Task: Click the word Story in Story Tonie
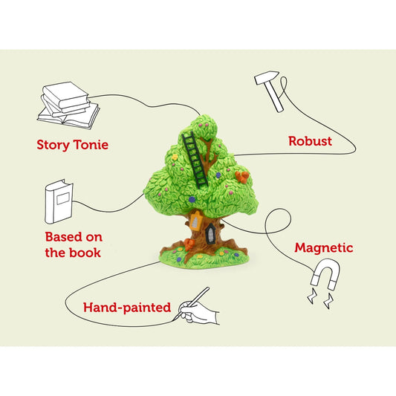(x=53, y=145)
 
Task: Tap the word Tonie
(x=91, y=145)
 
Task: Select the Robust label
(x=310, y=141)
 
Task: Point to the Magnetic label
(x=324, y=247)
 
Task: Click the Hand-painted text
(x=127, y=308)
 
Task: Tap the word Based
(x=63, y=237)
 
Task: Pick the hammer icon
(x=269, y=91)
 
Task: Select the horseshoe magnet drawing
(x=326, y=274)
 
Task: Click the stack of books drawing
(x=68, y=106)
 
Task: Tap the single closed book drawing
(x=59, y=201)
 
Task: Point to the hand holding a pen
(x=198, y=309)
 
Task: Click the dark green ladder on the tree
(x=195, y=160)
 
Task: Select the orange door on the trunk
(x=195, y=221)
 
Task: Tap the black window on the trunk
(x=210, y=234)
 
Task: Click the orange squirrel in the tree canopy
(x=242, y=177)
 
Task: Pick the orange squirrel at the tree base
(x=189, y=244)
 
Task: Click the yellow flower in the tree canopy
(x=175, y=157)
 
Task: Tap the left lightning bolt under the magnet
(x=312, y=296)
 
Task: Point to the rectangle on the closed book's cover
(x=63, y=198)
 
